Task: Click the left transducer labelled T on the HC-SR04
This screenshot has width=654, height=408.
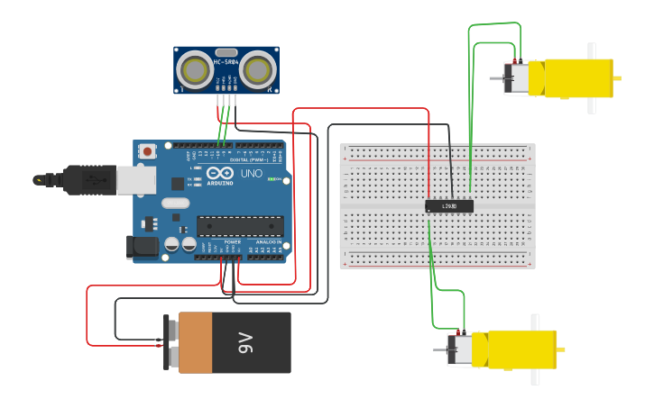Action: tap(194, 68)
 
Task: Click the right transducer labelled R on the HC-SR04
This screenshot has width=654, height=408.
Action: tap(258, 68)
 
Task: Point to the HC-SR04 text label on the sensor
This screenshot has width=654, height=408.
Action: tap(226, 61)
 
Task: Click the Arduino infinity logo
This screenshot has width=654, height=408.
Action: tap(219, 173)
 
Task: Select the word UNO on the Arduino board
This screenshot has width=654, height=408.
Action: tap(252, 173)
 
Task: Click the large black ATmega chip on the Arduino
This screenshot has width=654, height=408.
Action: tap(240, 227)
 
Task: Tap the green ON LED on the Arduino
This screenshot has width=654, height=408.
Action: tap(272, 178)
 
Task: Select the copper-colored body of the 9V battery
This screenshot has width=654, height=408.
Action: tap(195, 343)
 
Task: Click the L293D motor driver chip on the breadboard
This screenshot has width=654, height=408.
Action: tap(449, 206)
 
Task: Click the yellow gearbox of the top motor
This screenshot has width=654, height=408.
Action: tap(577, 78)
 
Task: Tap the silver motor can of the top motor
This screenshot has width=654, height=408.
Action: tap(518, 78)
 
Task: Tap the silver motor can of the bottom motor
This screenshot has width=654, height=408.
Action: tap(462, 349)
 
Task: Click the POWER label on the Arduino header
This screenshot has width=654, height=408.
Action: tap(232, 241)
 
